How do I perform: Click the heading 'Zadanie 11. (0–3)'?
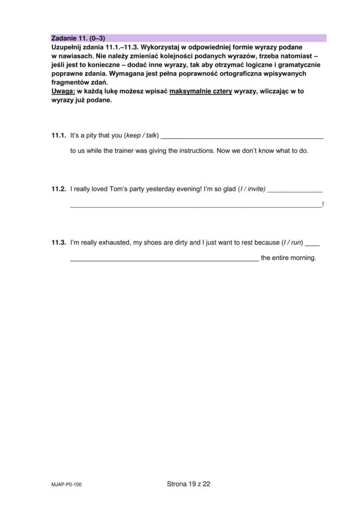(78, 38)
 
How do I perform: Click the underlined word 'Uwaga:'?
(63, 91)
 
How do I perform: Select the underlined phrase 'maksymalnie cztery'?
(201, 91)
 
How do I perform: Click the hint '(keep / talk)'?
(142, 135)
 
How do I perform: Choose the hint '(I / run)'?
(292, 242)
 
